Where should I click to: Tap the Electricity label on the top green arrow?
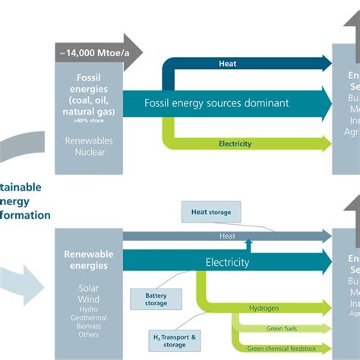[235, 143]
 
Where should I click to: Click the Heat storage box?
[210, 212]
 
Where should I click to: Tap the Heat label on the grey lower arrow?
[227, 236]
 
